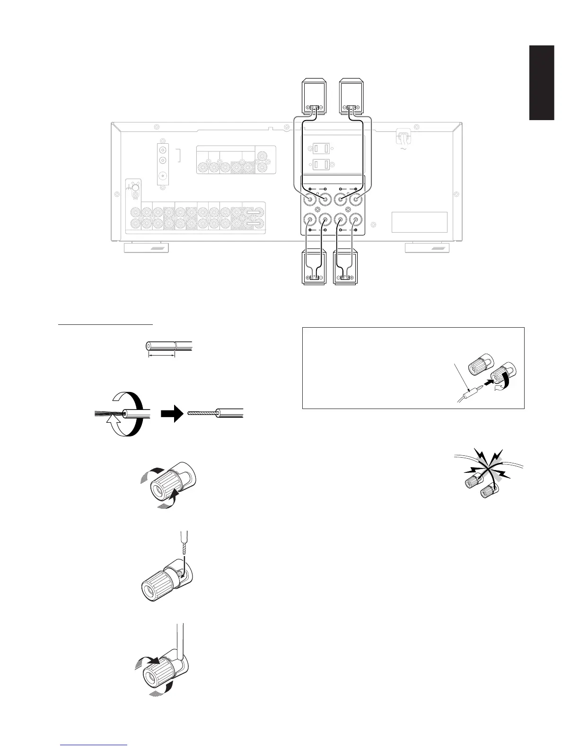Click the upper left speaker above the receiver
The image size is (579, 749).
tap(314, 97)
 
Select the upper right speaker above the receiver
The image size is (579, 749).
tap(353, 97)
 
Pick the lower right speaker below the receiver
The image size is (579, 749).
tap(346, 268)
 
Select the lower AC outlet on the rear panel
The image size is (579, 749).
tap(322, 165)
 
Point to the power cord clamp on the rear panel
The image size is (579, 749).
tap(403, 138)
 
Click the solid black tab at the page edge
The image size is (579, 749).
tap(542, 83)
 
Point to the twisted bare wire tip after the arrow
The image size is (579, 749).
tap(201, 413)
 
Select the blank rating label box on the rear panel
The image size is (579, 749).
tap(420, 222)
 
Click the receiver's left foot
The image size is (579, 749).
tap(146, 248)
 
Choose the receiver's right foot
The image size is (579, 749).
tap(428, 248)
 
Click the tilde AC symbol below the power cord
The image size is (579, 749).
tap(403, 149)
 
